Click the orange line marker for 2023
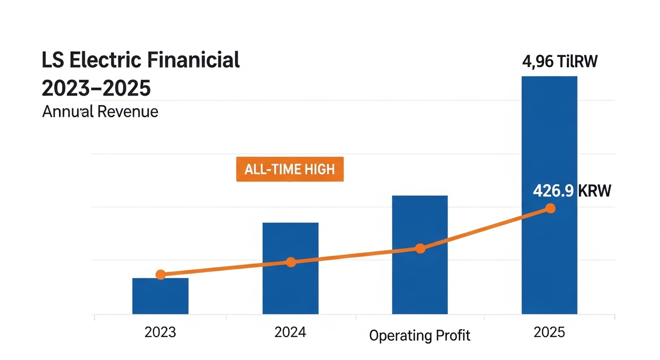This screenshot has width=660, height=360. pyautogui.click(x=160, y=275)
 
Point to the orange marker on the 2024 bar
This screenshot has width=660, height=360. pyautogui.click(x=291, y=262)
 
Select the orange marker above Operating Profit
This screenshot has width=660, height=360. pyautogui.click(x=420, y=248)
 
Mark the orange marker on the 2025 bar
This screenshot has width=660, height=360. pyautogui.click(x=550, y=209)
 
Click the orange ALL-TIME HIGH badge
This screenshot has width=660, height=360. pyautogui.click(x=290, y=169)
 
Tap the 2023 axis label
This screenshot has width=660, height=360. pyautogui.click(x=160, y=333)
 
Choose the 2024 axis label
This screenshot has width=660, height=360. pyautogui.click(x=290, y=333)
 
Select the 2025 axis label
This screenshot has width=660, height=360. pyautogui.click(x=549, y=333)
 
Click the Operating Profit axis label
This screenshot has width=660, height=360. pyautogui.click(x=420, y=336)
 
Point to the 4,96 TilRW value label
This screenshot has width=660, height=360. pyautogui.click(x=560, y=62)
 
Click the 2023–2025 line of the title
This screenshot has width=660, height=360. pyautogui.click(x=96, y=88)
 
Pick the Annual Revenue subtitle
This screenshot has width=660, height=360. pyautogui.click(x=100, y=112)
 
